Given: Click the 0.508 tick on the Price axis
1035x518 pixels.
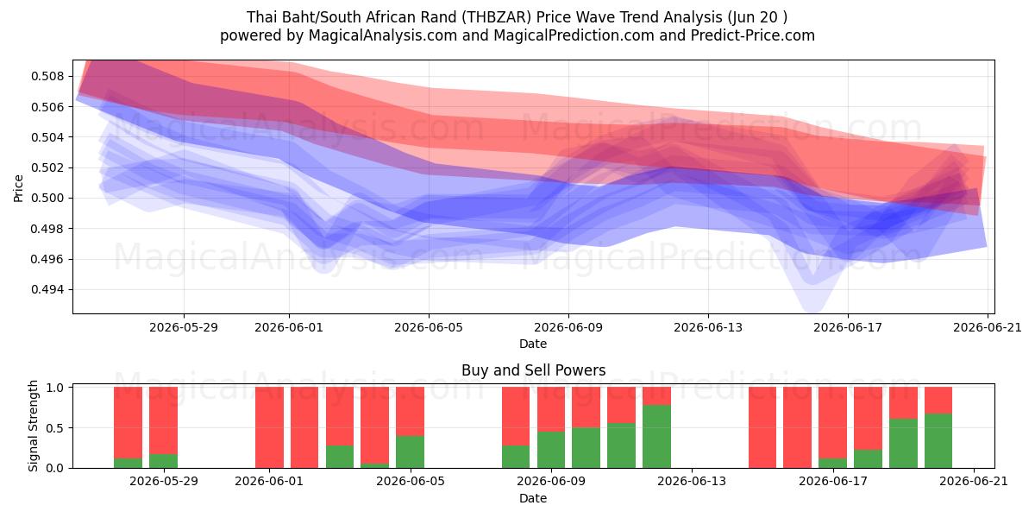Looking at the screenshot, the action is click(48, 76).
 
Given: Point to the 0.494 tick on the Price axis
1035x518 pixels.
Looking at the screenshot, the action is click(48, 289).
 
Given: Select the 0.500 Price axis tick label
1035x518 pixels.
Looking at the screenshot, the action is click(48, 198).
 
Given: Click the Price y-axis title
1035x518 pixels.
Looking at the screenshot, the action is click(18, 188).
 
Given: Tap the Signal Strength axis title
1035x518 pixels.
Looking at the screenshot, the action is click(33, 426).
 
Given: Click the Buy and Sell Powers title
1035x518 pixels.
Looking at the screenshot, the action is click(533, 370).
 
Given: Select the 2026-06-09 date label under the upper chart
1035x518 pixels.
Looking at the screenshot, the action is click(568, 327).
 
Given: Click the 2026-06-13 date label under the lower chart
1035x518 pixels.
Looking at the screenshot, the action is click(692, 482).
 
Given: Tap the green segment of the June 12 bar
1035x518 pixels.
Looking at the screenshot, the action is click(656, 437).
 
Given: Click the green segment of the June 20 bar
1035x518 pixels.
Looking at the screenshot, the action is click(938, 441).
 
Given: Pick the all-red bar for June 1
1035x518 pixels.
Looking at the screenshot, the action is click(269, 427).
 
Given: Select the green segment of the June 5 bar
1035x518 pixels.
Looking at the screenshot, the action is click(411, 452).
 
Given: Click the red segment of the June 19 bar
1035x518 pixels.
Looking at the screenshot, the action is click(903, 403).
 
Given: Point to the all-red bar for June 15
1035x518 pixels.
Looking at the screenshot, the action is click(762, 427).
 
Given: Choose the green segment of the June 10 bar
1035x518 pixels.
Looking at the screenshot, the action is click(586, 448).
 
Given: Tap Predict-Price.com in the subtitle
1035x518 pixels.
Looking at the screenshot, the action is click(753, 35).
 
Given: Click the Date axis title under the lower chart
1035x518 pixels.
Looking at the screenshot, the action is click(533, 498).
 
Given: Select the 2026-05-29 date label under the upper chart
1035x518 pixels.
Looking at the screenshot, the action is click(184, 327).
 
